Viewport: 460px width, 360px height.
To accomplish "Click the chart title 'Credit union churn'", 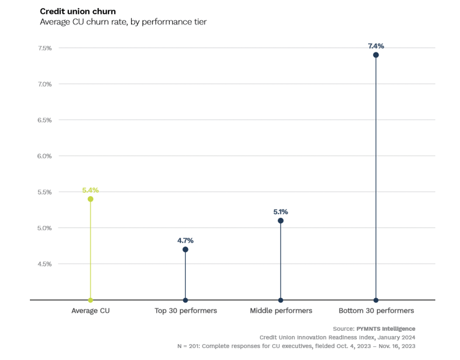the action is (x=78, y=11).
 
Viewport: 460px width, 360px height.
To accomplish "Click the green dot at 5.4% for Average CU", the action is (x=91, y=199).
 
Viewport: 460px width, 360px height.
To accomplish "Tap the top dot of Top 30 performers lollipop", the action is (x=185, y=250).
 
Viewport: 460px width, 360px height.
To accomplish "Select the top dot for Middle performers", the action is (x=281, y=221).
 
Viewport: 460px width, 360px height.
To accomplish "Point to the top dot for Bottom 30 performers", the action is (x=376, y=55).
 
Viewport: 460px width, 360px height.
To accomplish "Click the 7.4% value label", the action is (x=376, y=46).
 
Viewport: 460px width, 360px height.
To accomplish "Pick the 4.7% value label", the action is (x=185, y=241).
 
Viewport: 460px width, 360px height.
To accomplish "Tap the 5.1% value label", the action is (x=281, y=212).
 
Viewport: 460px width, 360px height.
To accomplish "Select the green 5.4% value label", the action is (x=91, y=190).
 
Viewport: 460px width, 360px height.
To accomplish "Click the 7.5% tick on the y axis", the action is (x=45, y=48).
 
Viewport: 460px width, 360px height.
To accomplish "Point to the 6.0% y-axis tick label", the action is (x=44, y=156).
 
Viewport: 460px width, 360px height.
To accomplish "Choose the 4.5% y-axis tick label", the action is (x=44, y=264).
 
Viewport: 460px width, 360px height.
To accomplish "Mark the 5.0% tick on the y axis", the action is (x=44, y=228).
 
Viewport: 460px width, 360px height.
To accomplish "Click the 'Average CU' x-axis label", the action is (x=91, y=311).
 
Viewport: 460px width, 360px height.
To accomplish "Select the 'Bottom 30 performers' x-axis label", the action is (x=376, y=311).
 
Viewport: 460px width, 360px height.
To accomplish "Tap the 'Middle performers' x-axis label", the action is (x=281, y=311).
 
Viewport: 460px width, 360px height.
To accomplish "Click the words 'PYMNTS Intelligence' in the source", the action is (x=386, y=329).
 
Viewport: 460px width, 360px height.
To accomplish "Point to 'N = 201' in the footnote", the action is (x=188, y=346).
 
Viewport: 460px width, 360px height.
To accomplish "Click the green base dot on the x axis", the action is (x=91, y=300).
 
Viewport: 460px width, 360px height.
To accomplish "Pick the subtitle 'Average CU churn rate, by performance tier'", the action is (x=123, y=22).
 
